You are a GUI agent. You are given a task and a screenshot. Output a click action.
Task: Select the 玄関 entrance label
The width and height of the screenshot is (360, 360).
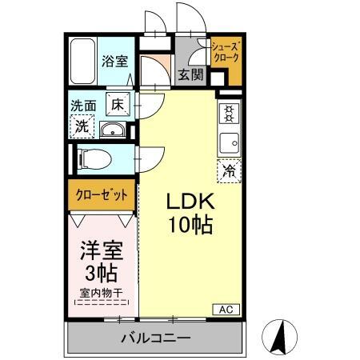[190, 75]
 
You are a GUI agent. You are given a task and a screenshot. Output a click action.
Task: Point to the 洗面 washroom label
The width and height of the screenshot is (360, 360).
[83, 105]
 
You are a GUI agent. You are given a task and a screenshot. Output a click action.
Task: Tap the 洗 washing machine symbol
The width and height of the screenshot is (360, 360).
[82, 125]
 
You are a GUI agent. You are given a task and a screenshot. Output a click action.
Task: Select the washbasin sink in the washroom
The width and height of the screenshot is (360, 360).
[111, 130]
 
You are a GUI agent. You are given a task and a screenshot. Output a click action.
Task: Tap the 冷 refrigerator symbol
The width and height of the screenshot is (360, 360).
[229, 170]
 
